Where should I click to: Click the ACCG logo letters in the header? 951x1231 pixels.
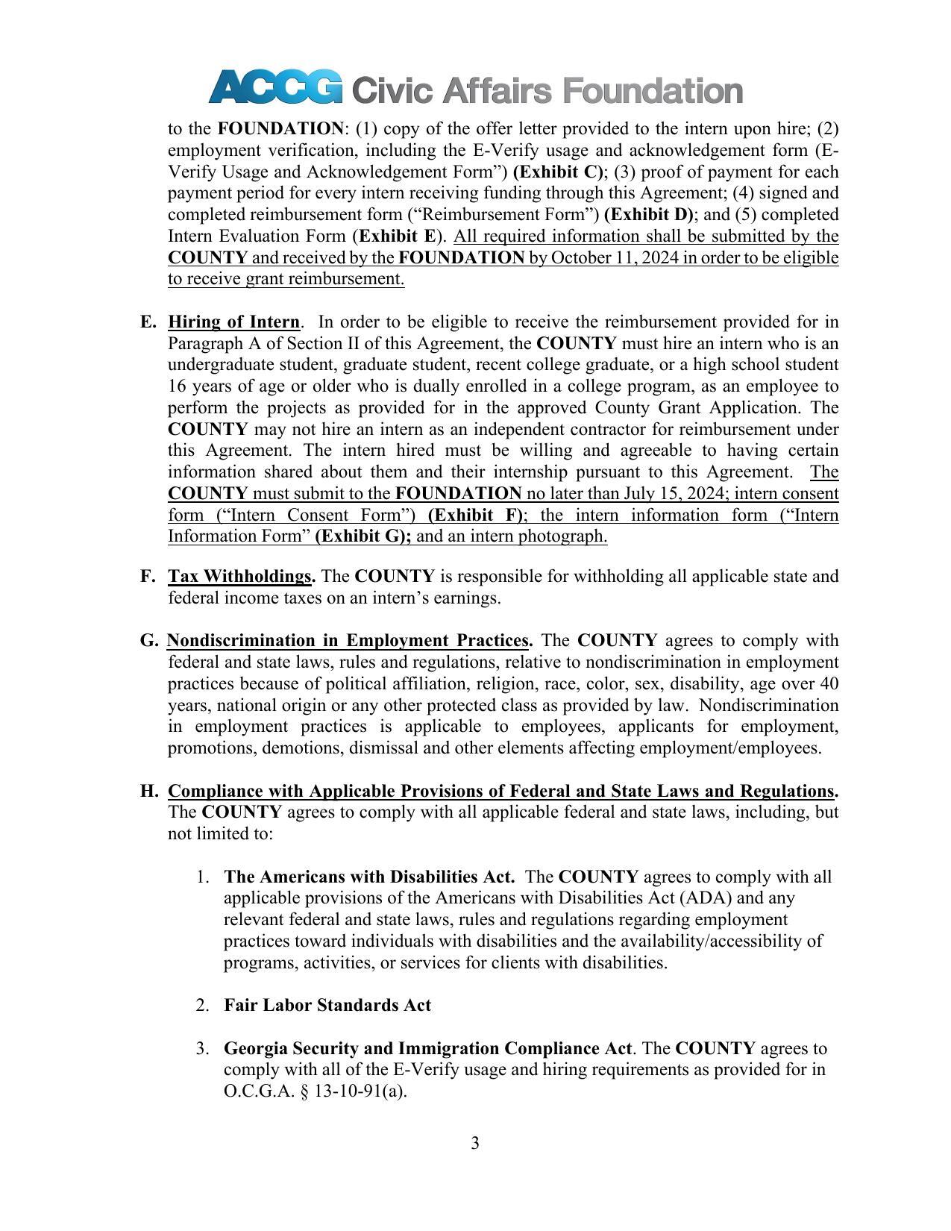275,87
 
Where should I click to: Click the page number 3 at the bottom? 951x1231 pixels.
475,1143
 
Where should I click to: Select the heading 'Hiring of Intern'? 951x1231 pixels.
233,322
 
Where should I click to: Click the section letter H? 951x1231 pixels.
148,791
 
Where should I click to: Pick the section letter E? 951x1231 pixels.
147,322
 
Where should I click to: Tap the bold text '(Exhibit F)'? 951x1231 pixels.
477,516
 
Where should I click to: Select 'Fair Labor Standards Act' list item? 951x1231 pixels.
327,1006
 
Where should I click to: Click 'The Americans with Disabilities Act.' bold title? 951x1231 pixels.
369,877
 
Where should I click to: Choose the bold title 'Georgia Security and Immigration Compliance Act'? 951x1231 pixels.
427,1048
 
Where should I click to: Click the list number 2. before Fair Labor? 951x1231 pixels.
202,1006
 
